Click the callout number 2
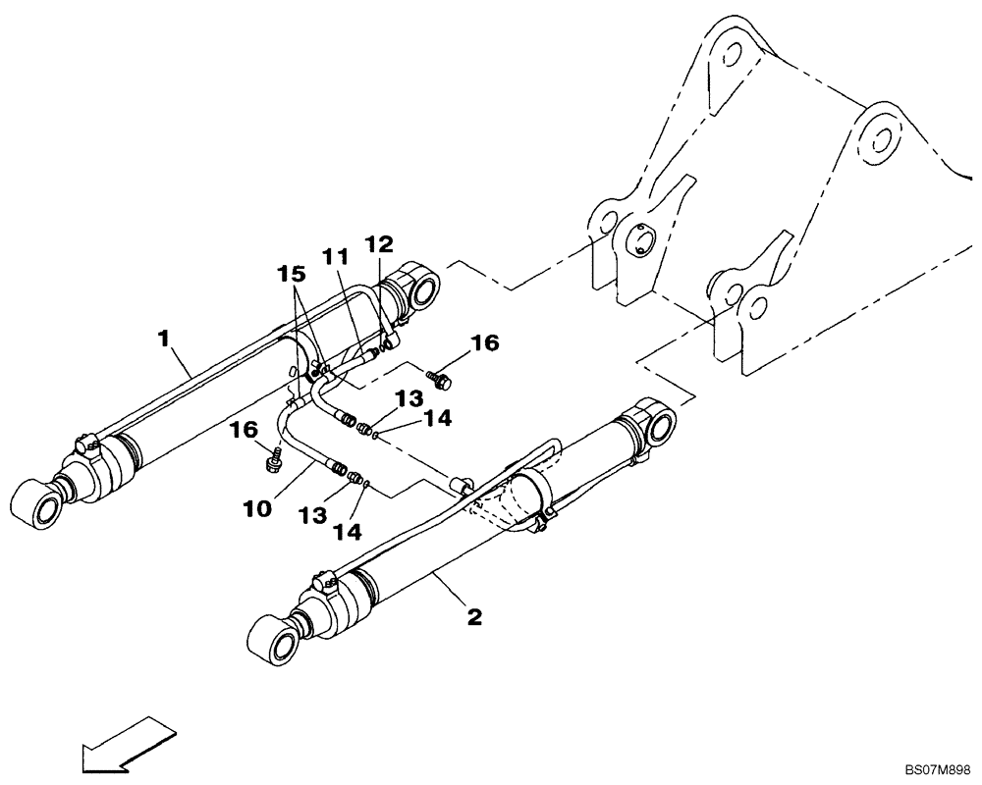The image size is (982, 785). [x=473, y=617]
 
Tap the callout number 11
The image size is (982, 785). [x=335, y=257]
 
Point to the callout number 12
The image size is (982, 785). [x=379, y=243]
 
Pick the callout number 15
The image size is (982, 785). [x=290, y=270]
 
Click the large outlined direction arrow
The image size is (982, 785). [x=129, y=742]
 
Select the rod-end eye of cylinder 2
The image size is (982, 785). [x=279, y=643]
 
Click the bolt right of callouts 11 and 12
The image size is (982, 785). [x=437, y=375]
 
